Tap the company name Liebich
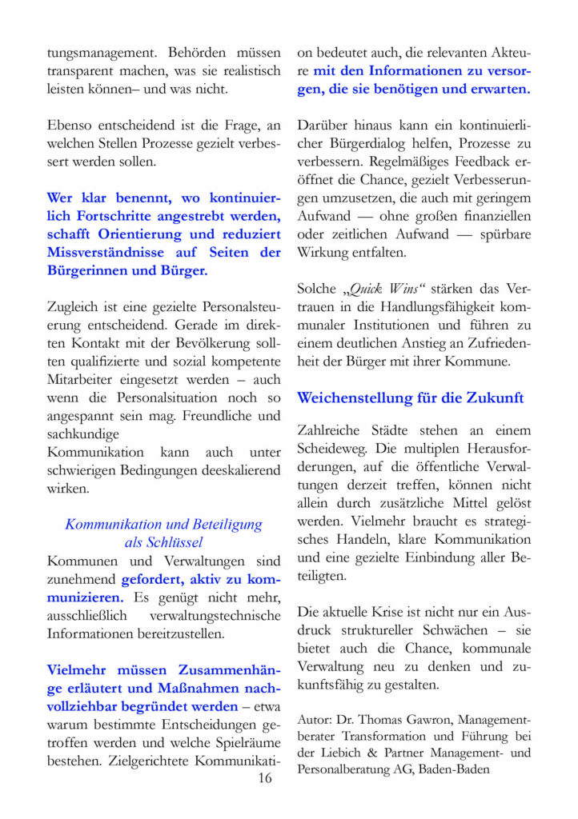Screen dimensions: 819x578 (343, 754)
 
